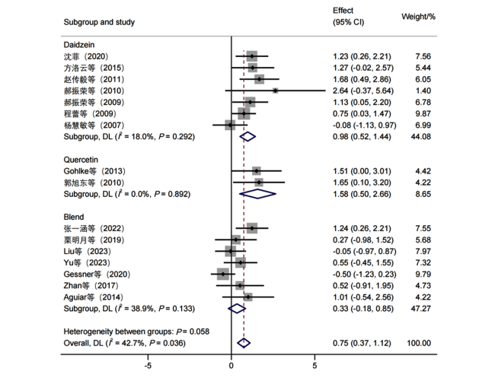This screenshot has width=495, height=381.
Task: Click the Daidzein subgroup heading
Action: pos(79,45)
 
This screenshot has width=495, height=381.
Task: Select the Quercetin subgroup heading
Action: pos(81,160)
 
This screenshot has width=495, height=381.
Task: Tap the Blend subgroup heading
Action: pos(74,217)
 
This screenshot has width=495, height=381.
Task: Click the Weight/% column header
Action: pos(418,17)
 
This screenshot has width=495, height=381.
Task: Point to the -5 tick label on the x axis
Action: pos(148,366)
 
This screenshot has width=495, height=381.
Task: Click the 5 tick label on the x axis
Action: pos(315,366)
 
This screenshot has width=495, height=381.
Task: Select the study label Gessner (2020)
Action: pos(97,275)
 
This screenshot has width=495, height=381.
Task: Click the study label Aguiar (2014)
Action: pos(94,297)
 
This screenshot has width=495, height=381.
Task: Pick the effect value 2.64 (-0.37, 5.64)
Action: pos(363,90)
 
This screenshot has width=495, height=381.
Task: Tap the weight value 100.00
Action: pos(419,343)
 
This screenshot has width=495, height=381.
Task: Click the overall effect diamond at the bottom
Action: pos(244,343)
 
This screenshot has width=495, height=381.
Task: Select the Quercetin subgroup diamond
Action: pos(258,194)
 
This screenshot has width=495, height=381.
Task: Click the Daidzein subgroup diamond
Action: pos(247,136)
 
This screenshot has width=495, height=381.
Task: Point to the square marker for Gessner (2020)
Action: pos(223,275)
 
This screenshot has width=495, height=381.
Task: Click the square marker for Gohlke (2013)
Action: pos(257,171)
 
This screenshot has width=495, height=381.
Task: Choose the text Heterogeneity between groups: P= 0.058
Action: pos(136,332)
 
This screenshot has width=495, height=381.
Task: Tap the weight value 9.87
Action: pos(423,114)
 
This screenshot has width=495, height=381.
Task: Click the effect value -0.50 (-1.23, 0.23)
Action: pos(364,275)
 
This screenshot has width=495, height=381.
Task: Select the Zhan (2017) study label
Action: pos(91,285)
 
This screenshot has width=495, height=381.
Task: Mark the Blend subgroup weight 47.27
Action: pos(421,309)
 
